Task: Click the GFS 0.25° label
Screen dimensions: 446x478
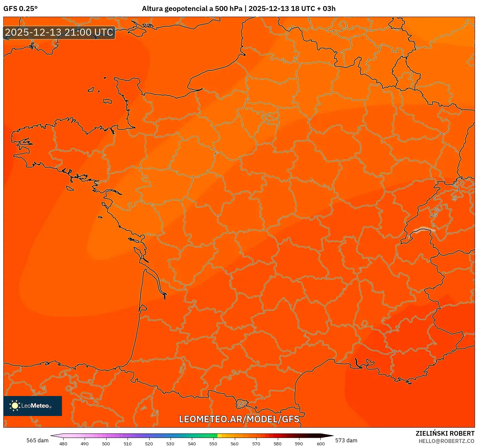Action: coord(20,9)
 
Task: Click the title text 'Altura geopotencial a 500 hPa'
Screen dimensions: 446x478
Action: coord(192,9)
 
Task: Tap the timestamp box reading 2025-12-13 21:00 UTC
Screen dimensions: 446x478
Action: coord(59,33)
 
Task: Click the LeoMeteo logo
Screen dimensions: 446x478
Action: coord(33,406)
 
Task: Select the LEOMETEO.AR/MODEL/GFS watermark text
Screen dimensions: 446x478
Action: coord(239,419)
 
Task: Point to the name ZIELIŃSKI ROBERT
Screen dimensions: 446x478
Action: coord(445,433)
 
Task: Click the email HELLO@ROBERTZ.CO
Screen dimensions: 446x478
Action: coord(446,441)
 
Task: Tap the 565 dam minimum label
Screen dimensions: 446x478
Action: coord(37,440)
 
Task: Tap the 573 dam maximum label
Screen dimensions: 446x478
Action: coord(346,440)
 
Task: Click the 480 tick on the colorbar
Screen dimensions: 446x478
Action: coord(63,443)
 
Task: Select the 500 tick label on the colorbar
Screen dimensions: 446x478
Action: coord(106,443)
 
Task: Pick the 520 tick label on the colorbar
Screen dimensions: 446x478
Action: coord(149,443)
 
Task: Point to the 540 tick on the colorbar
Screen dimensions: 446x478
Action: coord(192,443)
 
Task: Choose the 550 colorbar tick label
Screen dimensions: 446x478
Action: coord(213,443)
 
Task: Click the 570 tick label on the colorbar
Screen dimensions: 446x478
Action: coord(256,443)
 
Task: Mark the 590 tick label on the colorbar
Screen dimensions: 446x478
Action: coord(299,443)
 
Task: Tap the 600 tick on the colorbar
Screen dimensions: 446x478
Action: coord(320,443)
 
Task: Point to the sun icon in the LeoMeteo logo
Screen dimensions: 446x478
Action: coord(15,406)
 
